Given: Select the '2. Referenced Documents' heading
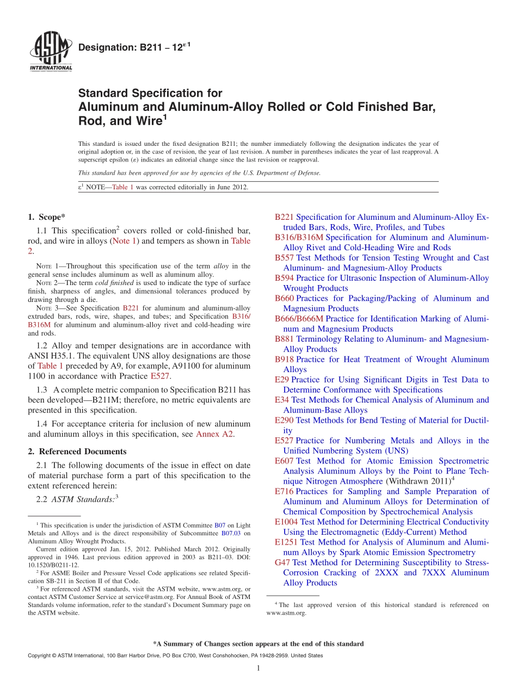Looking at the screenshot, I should (x=77, y=452).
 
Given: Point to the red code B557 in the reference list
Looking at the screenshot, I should (x=284, y=258).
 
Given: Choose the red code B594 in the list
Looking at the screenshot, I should (x=284, y=278).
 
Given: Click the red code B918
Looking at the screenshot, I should (x=284, y=360).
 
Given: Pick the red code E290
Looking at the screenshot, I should (x=284, y=421).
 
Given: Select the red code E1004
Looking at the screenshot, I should (x=286, y=522).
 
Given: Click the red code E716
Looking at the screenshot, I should (x=284, y=492).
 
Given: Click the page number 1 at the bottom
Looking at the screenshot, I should (x=258, y=669).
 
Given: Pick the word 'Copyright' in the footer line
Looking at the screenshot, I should (x=40, y=656).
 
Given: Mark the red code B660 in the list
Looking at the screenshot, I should (x=284, y=299).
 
